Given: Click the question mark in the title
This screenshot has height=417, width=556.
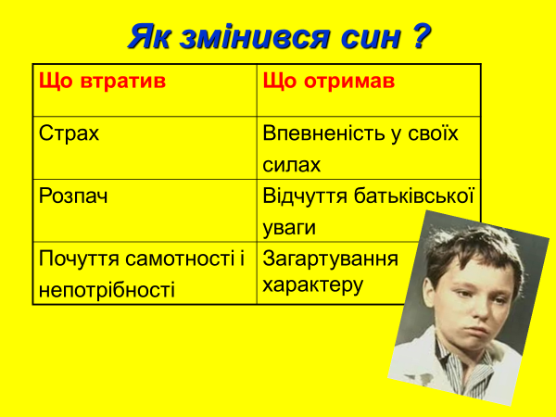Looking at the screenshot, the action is tap(422, 35).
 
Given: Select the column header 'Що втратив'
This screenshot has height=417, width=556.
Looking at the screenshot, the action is tap(102, 82).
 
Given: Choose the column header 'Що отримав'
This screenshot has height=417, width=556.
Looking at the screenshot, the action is tap(329, 82).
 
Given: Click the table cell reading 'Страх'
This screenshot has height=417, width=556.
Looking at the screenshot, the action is tap(69, 133).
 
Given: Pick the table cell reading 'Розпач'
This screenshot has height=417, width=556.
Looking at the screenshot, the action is tap(73, 196).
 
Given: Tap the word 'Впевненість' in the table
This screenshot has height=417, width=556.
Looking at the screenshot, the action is tap(324, 134).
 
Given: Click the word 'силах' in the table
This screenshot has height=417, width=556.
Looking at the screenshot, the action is tap(292, 165).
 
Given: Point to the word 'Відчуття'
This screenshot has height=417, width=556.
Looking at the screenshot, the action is tap(305, 196).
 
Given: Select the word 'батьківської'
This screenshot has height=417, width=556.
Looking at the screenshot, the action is tap(414, 196).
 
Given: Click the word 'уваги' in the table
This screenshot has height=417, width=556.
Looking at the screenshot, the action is tap(289, 228).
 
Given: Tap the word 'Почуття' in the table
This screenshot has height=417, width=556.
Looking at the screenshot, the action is tap(79, 259).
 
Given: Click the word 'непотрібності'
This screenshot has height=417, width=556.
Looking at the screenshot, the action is tap(107, 290).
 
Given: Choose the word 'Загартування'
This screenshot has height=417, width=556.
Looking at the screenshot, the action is tap(331, 259).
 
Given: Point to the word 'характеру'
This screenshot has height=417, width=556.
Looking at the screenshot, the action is tap(313, 285).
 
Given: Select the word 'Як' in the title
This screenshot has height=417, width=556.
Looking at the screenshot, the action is tap(149, 37).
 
